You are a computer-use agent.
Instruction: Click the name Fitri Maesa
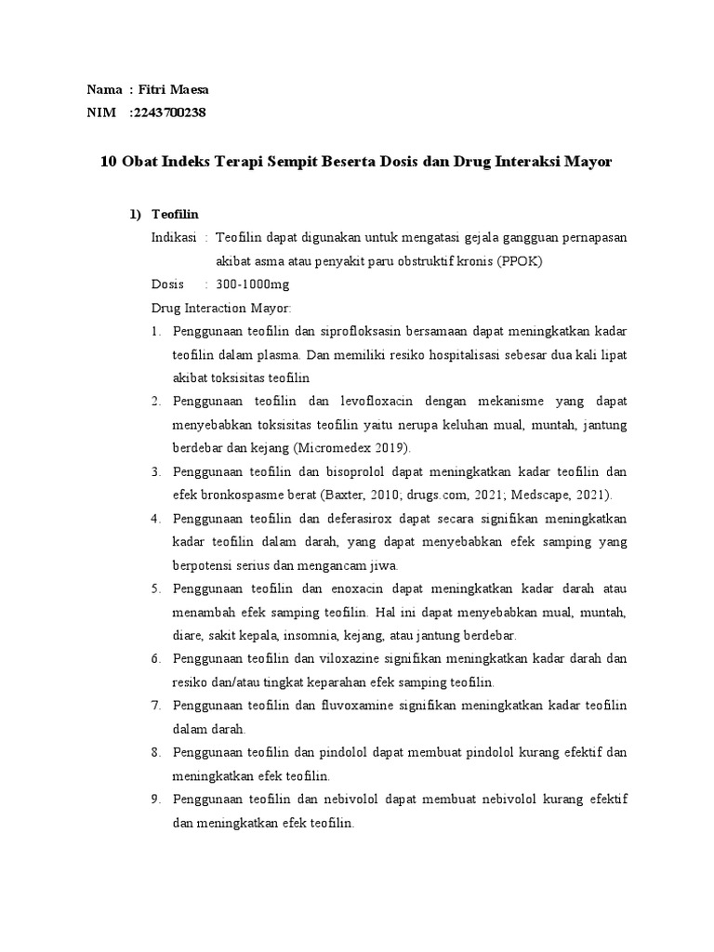(174, 90)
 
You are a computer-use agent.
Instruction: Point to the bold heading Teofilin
(176, 214)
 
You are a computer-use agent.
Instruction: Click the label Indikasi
(173, 237)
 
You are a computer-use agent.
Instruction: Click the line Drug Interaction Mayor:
(221, 308)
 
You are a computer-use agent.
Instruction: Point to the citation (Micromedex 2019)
(345, 447)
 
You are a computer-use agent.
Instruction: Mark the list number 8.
(156, 752)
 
